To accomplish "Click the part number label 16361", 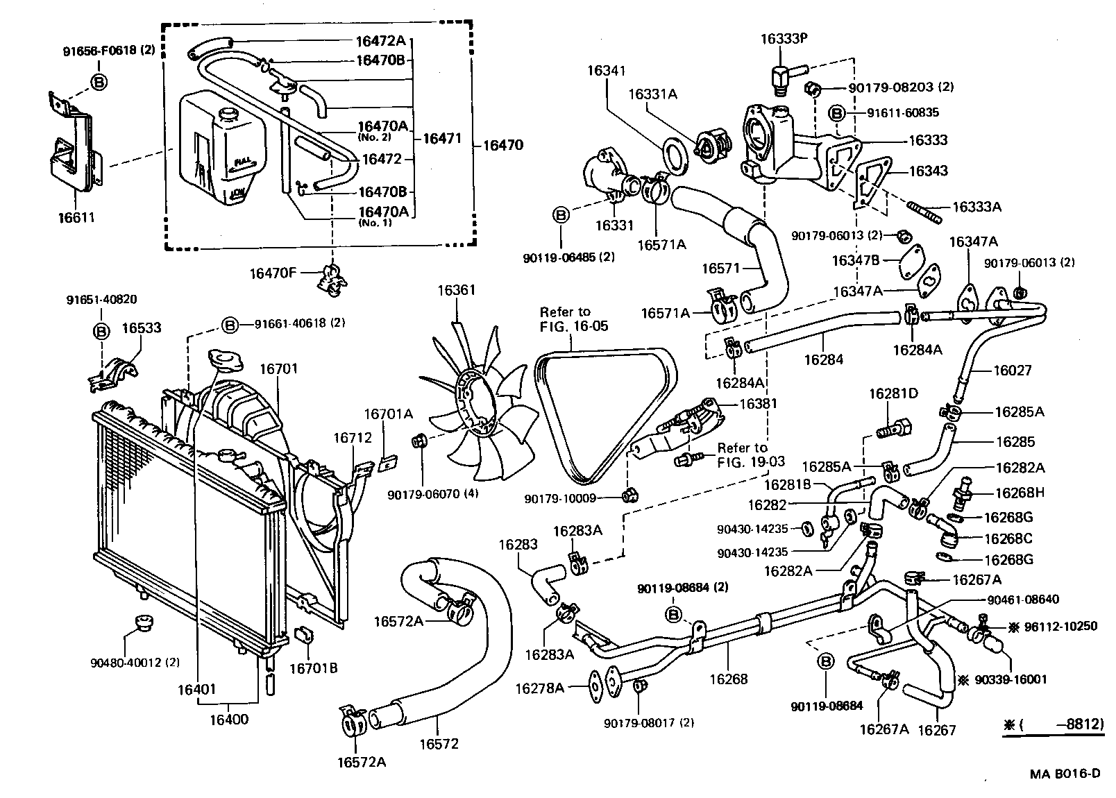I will point(456,289).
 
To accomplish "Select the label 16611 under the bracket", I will point(76,217).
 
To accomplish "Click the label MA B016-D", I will point(1065,773).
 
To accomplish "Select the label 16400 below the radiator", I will point(228,719).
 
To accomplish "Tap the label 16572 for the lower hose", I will point(439,743).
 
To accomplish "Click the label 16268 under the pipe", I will point(729,679).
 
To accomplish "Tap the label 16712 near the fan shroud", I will point(352,437).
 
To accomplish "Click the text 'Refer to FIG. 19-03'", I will point(742,455).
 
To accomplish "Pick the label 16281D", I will point(893,393).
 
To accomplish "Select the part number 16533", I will point(142,327).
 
